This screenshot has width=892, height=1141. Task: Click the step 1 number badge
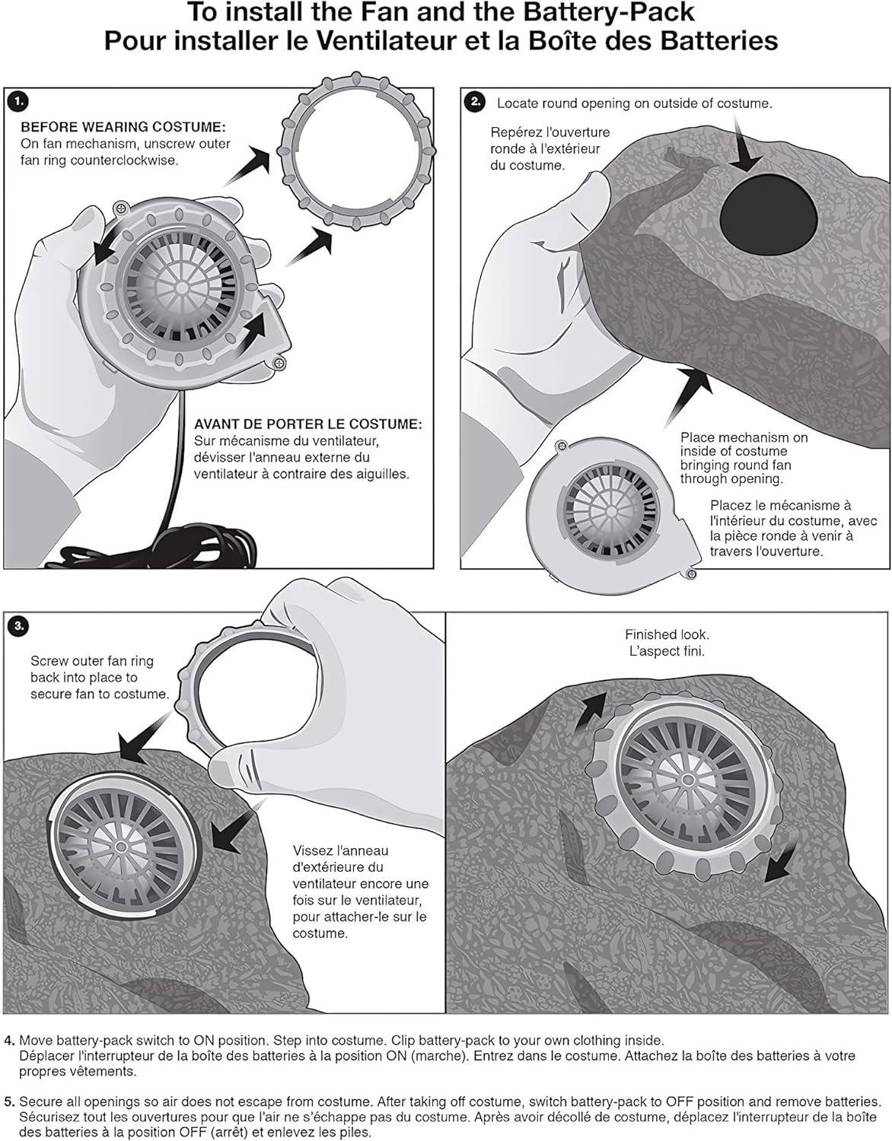coord(18,100)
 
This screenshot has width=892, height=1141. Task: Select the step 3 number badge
coord(18,626)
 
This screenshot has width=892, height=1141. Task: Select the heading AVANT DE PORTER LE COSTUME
coord(307,424)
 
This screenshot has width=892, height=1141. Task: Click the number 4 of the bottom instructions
coord(8,1040)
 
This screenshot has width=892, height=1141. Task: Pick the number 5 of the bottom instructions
coord(8,1101)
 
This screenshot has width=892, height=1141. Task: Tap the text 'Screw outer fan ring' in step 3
coord(92,661)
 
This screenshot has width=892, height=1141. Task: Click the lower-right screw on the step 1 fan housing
coord(279,364)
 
